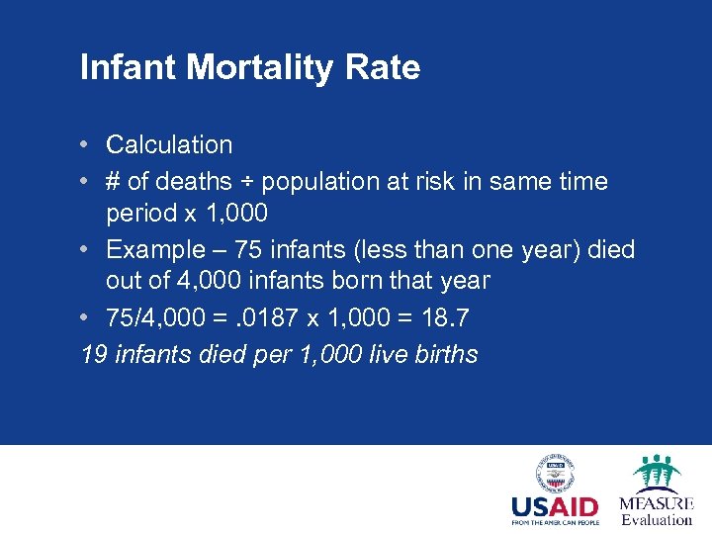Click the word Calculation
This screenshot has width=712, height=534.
pos(169,144)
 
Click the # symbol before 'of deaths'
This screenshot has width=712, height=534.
pos(114,182)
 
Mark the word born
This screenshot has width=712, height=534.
pos(372,281)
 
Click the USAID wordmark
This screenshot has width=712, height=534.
pos(554,507)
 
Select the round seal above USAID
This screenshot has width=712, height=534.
pos(555,472)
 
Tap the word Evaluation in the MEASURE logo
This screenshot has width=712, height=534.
pos(657,519)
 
